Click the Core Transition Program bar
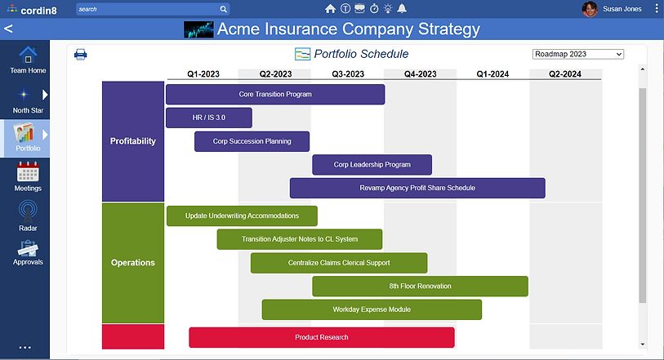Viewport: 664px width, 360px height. tap(275, 95)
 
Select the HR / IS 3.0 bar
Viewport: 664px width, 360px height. tap(209, 118)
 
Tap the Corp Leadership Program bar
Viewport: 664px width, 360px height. tap(372, 165)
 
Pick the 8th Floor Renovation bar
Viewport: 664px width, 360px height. tap(420, 286)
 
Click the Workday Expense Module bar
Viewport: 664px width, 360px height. tap(372, 309)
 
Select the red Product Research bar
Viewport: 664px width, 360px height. tap(322, 337)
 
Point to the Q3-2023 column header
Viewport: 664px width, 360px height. tap(348, 74)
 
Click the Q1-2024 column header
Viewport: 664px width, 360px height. tap(492, 74)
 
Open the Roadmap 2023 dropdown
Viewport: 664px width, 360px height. tap(578, 54)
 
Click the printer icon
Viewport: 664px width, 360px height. tap(81, 54)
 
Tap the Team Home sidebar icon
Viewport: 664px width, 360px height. tap(28, 55)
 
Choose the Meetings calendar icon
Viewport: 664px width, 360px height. tap(28, 171)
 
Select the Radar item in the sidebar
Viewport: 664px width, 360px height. tap(28, 216)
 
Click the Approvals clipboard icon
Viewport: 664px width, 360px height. tap(28, 248)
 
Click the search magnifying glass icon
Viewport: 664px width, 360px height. tap(223, 9)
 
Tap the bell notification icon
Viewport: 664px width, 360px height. tap(402, 8)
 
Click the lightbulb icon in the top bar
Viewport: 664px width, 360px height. tap(388, 8)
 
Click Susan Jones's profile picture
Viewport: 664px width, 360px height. tap(590, 9)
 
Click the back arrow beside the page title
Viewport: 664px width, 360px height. tap(8, 29)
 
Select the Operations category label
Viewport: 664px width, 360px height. tap(133, 263)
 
